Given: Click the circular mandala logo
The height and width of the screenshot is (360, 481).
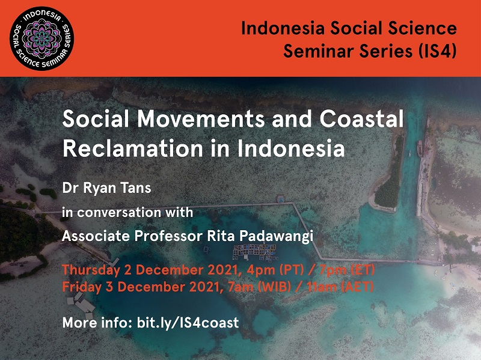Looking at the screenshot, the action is [41, 38].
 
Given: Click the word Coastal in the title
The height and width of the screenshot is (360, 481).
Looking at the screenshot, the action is [362, 119].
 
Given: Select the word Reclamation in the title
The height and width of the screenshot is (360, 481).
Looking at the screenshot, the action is [132, 148].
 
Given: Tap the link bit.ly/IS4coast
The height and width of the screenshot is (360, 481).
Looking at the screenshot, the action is [188, 323].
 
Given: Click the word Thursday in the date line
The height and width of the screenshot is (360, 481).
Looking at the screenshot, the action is [91, 270].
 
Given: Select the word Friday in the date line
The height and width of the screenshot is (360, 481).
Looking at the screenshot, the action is [82, 287].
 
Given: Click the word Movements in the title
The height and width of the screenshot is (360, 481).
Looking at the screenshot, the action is [201, 119].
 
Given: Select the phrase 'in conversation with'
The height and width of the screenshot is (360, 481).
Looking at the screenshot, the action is [127, 213].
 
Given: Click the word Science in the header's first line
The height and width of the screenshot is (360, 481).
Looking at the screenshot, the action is [422, 28].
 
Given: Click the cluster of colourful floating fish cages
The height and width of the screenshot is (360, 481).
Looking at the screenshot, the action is [254, 252].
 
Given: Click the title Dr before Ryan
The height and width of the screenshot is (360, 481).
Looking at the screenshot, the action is [70, 188].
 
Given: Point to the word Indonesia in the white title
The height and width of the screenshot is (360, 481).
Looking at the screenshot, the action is [291, 148].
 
